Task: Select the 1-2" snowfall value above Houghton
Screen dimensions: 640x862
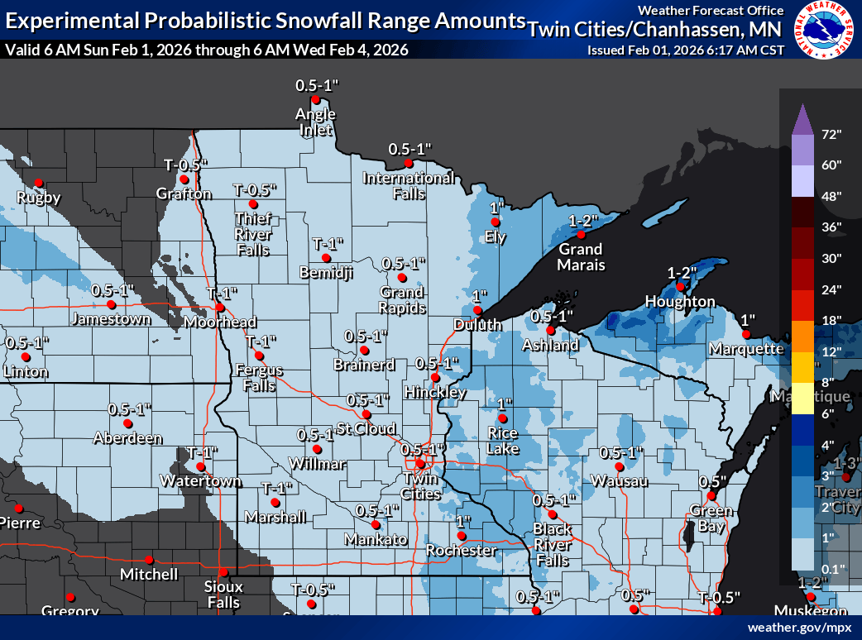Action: pyautogui.click(x=682, y=272)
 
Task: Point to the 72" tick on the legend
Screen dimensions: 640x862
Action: pyautogui.click(x=831, y=134)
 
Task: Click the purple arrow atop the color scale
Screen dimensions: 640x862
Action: pyautogui.click(x=802, y=119)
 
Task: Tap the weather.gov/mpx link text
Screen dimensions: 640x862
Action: pyautogui.click(x=799, y=628)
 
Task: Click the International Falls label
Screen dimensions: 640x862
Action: pyautogui.click(x=409, y=185)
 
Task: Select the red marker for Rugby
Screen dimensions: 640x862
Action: pyautogui.click(x=38, y=184)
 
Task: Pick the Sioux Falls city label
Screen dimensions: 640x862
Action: pyautogui.click(x=224, y=594)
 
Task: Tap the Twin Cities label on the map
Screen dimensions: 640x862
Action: pyautogui.click(x=421, y=486)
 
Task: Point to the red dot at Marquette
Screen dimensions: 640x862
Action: pyautogui.click(x=745, y=335)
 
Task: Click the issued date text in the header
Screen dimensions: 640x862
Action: pyautogui.click(x=685, y=50)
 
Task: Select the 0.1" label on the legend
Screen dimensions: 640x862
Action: pyautogui.click(x=830, y=568)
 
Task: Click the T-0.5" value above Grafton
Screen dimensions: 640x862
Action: pyautogui.click(x=184, y=164)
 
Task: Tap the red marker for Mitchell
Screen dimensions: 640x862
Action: pyautogui.click(x=150, y=560)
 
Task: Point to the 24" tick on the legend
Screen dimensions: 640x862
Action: pyautogui.click(x=831, y=289)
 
